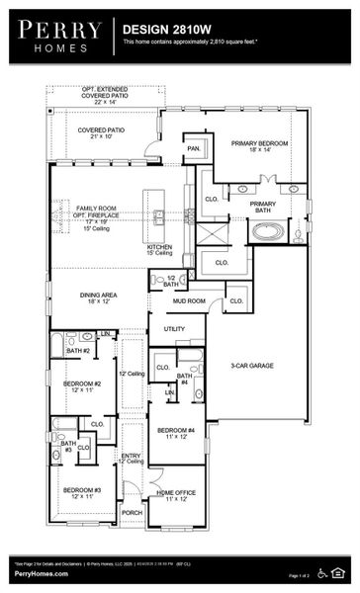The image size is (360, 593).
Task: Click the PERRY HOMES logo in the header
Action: (x=54, y=37)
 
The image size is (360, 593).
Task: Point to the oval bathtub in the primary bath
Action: (x=268, y=232)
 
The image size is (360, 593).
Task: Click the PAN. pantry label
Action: (x=194, y=148)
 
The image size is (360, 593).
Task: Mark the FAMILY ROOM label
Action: (x=97, y=209)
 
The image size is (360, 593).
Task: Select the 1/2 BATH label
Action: (x=171, y=281)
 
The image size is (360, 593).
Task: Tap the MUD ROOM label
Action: (x=189, y=300)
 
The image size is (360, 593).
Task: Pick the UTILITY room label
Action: (x=175, y=329)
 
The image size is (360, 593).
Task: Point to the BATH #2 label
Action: (x=77, y=351)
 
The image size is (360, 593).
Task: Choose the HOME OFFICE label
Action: (x=176, y=494)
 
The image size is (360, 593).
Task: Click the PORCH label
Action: (x=131, y=513)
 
